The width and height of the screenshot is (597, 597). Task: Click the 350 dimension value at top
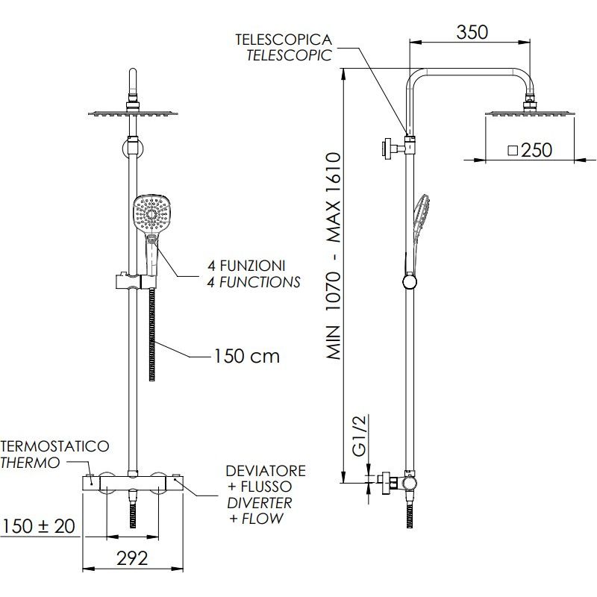coord(472,32)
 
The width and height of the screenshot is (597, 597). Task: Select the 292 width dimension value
coord(132,558)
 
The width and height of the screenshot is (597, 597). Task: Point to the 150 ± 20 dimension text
coord(39,526)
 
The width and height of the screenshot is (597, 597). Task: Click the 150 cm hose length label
coord(246,357)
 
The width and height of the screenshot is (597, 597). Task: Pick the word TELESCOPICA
coord(284,40)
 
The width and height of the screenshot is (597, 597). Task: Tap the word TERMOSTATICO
coord(54,446)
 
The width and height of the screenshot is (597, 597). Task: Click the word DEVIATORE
coord(266,471)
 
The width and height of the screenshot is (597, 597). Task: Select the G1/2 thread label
coord(359,436)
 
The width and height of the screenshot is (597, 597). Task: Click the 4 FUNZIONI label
coord(246,266)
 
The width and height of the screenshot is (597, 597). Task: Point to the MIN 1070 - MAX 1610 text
coord(334,256)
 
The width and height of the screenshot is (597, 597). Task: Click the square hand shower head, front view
coord(151,214)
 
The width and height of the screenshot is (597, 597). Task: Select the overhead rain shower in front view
coord(133,113)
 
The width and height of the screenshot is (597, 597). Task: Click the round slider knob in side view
coord(409,282)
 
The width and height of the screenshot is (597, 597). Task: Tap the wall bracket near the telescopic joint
coord(393,148)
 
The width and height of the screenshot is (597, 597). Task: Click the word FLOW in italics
coord(263,518)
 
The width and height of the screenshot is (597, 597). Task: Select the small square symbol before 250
coord(513,151)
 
